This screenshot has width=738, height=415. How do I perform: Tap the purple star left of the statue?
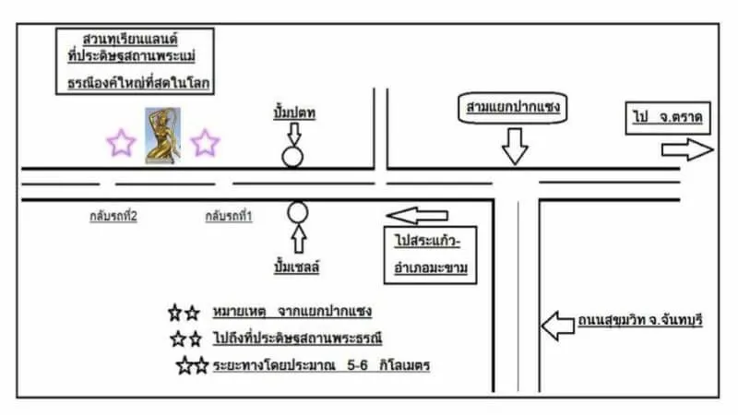[121, 143]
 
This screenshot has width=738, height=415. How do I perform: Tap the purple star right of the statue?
[205, 143]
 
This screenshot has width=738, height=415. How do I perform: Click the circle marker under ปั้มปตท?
[292, 156]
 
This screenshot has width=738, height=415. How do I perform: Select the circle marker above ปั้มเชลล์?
[297, 213]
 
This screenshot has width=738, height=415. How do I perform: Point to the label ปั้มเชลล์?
[297, 267]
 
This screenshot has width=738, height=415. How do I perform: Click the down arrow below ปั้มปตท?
[293, 133]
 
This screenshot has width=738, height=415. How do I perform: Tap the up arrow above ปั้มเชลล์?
[297, 240]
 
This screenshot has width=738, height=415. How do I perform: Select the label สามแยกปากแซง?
[513, 109]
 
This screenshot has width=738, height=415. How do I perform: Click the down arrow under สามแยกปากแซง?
[513, 144]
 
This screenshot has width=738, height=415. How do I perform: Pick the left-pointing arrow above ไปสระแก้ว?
[417, 216]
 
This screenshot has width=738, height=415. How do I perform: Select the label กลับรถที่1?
[229, 216]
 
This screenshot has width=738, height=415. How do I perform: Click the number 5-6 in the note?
[359, 366]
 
